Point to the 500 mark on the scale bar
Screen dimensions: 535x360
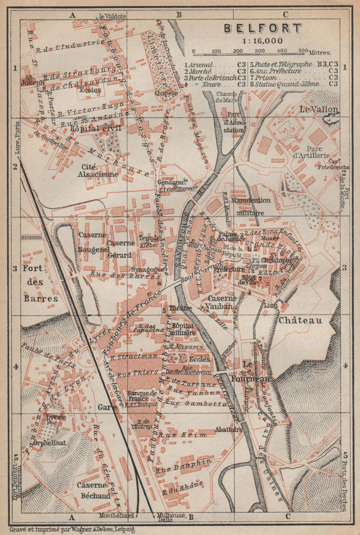303,51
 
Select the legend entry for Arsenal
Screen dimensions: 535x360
199,65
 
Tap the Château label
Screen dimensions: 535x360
300,320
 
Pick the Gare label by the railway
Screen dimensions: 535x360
107,407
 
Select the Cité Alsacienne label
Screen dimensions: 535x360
98,171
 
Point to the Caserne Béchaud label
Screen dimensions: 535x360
94,490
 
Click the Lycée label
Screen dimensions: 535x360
56,417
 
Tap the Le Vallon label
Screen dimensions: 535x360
319,110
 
